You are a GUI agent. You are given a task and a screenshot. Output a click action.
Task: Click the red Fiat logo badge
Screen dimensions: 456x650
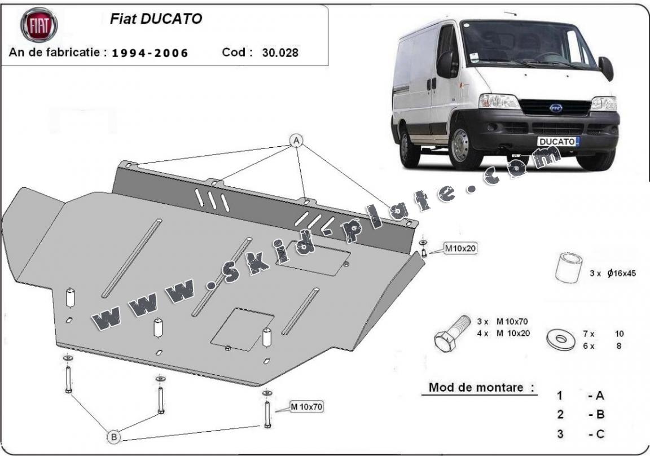39,25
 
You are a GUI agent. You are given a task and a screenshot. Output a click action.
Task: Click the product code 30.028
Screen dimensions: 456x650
280,52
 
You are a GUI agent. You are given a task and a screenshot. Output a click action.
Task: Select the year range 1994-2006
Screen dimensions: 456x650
150,53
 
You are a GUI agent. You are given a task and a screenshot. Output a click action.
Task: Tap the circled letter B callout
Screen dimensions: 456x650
113,436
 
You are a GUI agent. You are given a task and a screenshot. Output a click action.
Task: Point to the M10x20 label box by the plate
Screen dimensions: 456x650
460,248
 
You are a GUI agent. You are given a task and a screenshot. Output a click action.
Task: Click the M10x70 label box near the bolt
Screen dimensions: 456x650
307,406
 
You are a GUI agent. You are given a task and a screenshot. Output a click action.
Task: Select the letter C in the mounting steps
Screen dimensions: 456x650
599,434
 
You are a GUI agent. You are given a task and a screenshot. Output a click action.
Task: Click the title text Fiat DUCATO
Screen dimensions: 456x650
155,19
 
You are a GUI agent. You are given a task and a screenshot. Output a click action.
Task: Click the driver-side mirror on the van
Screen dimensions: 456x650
607,68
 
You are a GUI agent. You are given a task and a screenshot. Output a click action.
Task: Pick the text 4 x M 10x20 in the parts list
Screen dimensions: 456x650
503,333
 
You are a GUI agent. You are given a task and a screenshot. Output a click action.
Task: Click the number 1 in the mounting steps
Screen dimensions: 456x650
559,396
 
